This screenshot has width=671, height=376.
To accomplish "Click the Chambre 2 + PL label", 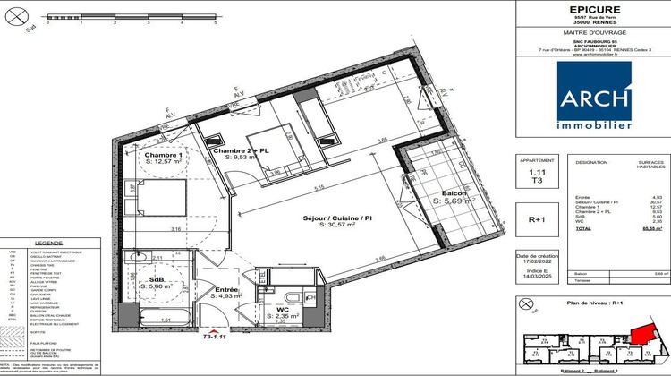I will pyautogui.click(x=240, y=150).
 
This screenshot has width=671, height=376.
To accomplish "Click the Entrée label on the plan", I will pyautogui.click(x=225, y=290).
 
